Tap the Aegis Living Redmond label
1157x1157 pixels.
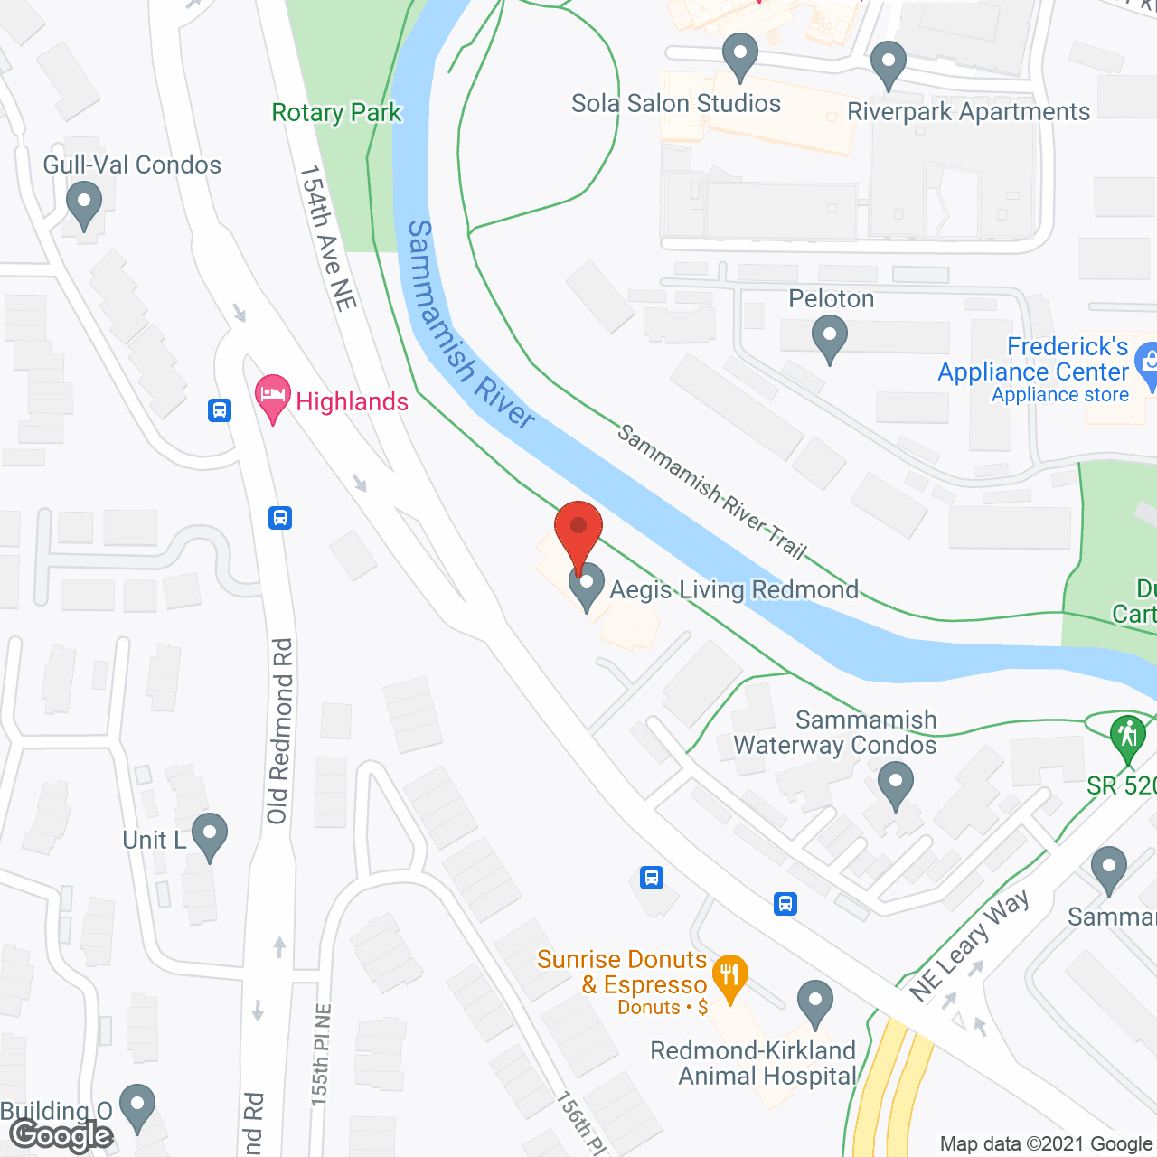click(x=734, y=589)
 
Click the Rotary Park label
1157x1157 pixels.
click(x=336, y=113)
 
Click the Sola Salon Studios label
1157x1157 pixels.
click(x=676, y=104)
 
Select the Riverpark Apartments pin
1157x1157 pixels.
click(x=888, y=65)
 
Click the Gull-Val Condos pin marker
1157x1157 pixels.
click(x=84, y=205)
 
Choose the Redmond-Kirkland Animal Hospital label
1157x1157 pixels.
click(x=753, y=1063)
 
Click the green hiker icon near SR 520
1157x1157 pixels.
click(x=1127, y=736)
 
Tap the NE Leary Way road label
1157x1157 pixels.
click(x=969, y=945)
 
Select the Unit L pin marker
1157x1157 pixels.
click(x=210, y=837)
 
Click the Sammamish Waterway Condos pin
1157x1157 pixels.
click(x=895, y=785)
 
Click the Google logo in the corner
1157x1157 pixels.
click(x=61, y=1135)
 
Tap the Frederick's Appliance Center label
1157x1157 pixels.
click(x=1033, y=360)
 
